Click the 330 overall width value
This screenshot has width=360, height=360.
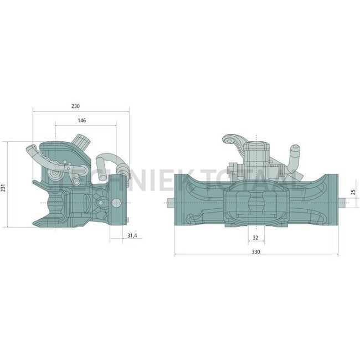click(255, 251)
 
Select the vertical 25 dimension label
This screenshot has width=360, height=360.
click(353, 194)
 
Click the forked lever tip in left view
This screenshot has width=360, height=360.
click(32, 150)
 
